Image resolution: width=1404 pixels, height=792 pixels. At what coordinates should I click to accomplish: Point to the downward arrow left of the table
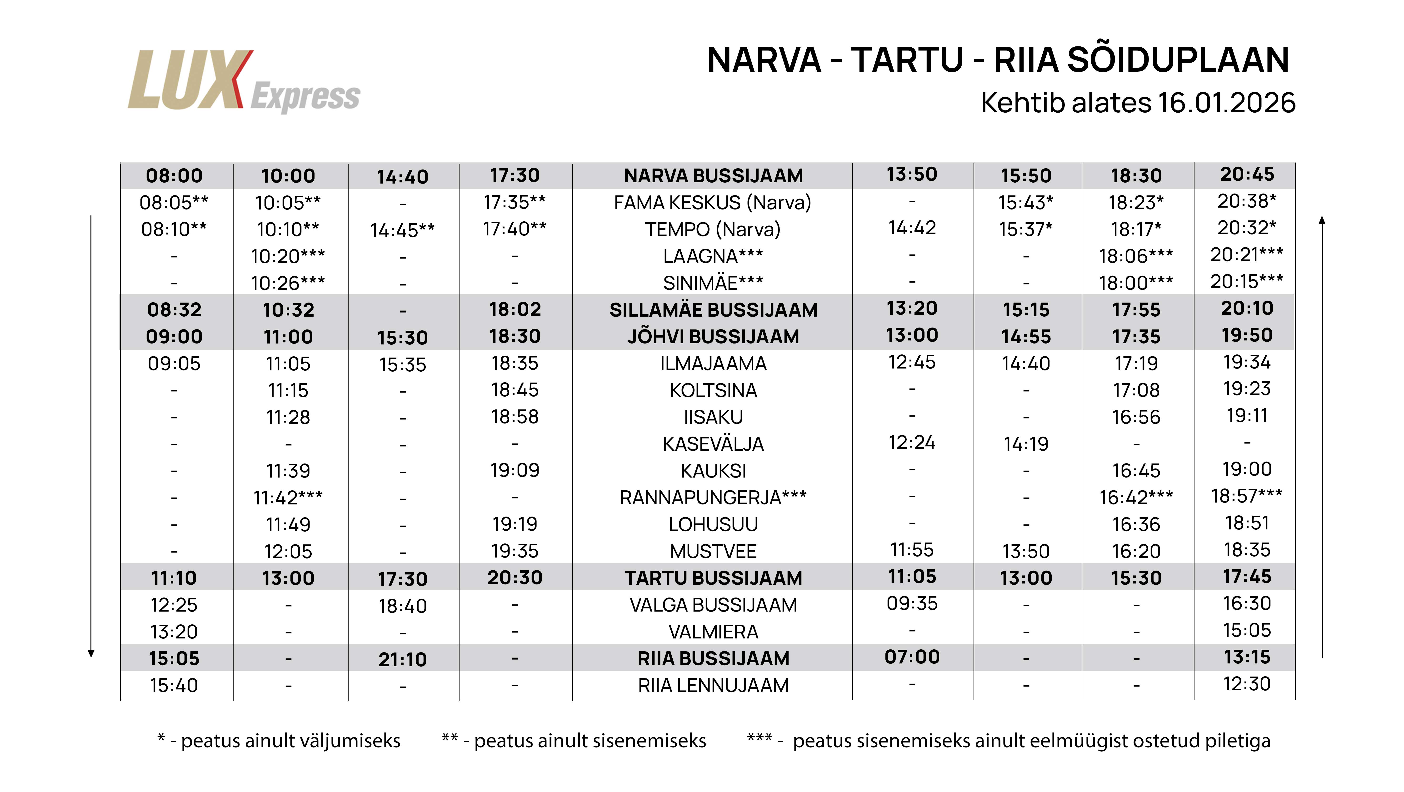click(x=91, y=436)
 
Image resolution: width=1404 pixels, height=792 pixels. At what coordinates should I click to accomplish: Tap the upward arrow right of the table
click(x=1322, y=436)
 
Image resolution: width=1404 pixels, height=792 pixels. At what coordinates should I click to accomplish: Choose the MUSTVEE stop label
click(x=713, y=551)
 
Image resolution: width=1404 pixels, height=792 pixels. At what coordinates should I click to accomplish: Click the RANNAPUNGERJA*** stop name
click(x=713, y=497)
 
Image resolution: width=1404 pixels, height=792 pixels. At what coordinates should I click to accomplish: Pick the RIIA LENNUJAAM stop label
click(x=713, y=685)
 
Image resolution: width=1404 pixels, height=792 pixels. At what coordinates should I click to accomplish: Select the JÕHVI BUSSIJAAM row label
click(x=713, y=336)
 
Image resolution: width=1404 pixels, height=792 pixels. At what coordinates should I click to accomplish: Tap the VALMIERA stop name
click(x=713, y=632)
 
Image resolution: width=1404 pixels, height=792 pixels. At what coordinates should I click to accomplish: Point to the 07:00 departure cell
click(x=912, y=657)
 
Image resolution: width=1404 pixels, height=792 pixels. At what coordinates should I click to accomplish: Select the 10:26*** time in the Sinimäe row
click(x=288, y=283)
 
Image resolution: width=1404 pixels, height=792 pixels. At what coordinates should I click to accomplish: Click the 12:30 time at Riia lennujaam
click(x=1246, y=683)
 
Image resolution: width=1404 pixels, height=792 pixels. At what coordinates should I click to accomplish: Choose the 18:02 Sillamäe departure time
click(x=515, y=309)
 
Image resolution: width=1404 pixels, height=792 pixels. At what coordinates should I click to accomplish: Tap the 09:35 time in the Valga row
click(x=912, y=603)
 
